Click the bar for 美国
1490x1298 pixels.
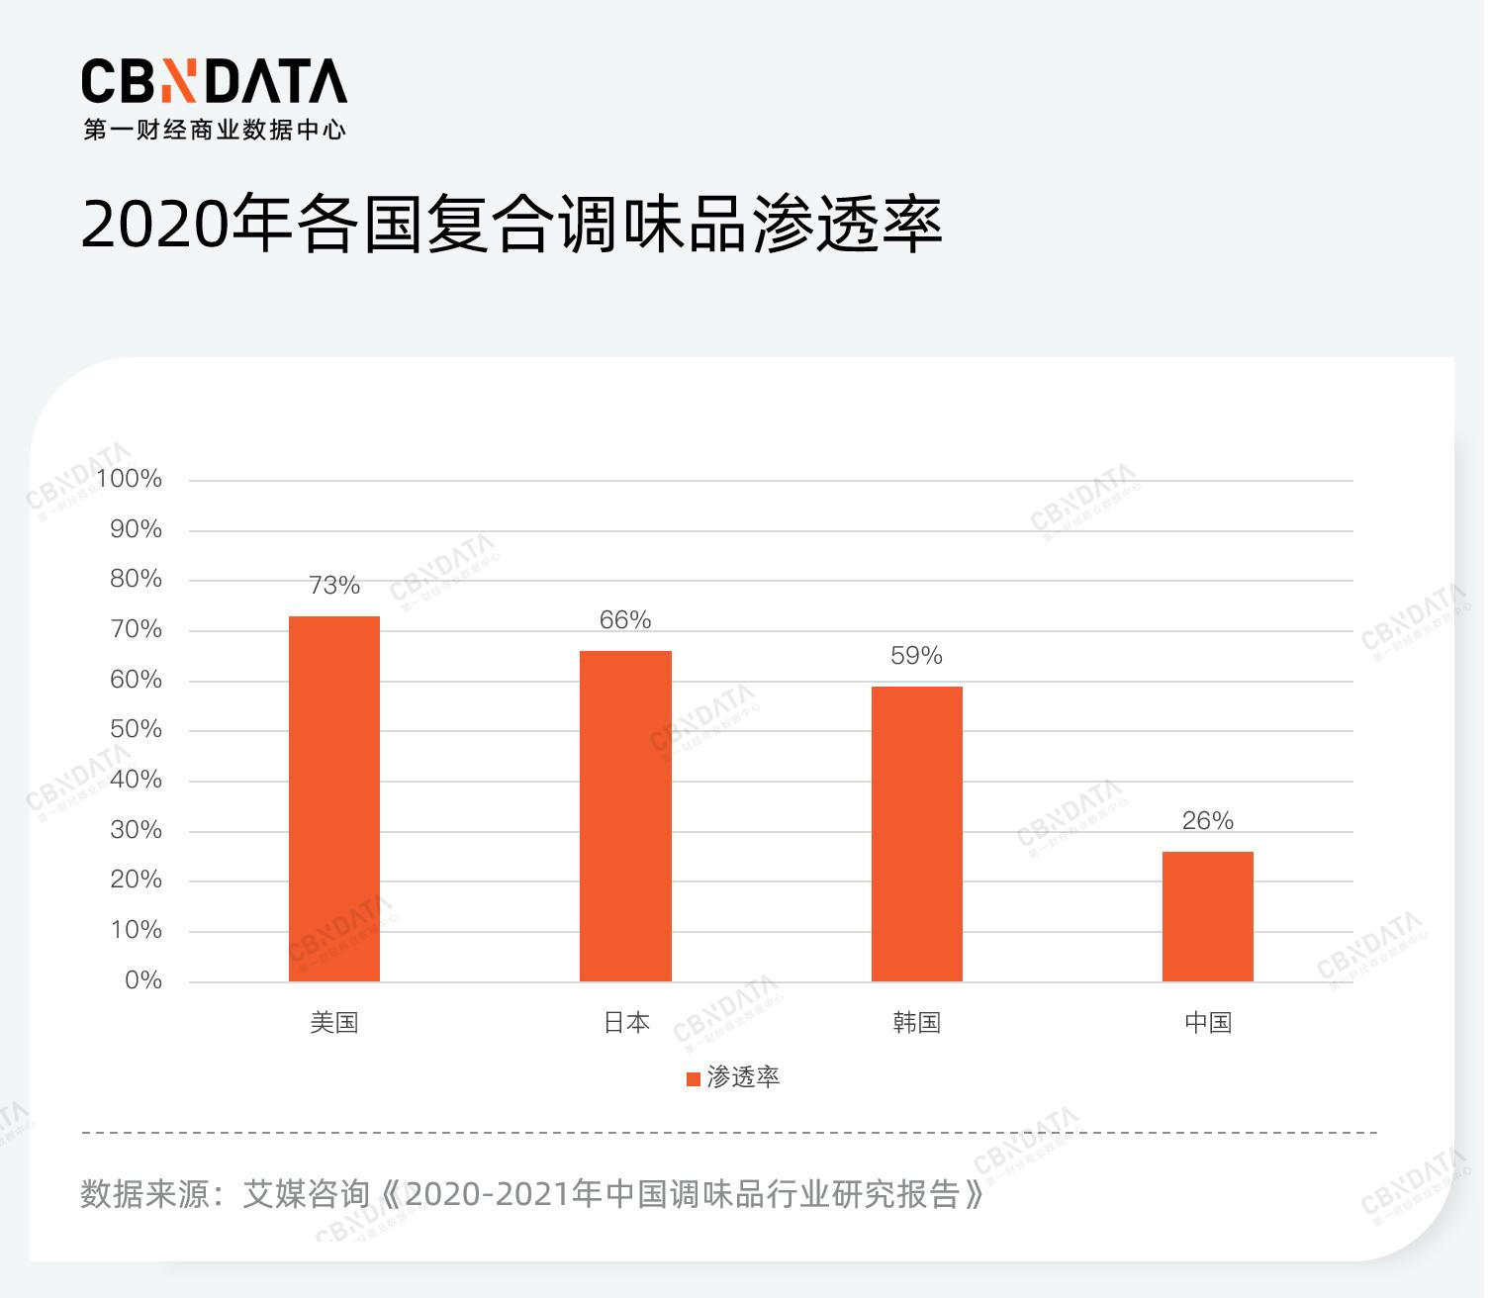pyautogui.click(x=334, y=798)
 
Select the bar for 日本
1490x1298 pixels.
pyautogui.click(x=625, y=816)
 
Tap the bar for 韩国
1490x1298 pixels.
pyautogui.click(x=916, y=834)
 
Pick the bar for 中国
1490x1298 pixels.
pyautogui.click(x=1207, y=916)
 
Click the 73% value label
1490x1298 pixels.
pyautogui.click(x=334, y=586)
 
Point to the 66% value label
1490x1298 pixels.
pyautogui.click(x=625, y=620)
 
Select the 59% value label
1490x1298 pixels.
pyautogui.click(x=916, y=656)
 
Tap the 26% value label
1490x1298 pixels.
pyautogui.click(x=1207, y=821)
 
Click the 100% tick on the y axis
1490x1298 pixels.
pyautogui.click(x=130, y=479)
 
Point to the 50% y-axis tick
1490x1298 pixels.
pyautogui.click(x=136, y=729)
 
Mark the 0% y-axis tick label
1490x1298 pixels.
pyautogui.click(x=143, y=980)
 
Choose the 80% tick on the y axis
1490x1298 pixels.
pyautogui.click(x=136, y=579)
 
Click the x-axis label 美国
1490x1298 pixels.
pyautogui.click(x=334, y=1023)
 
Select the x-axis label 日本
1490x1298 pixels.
pyautogui.click(x=626, y=1023)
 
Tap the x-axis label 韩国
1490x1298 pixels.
pyautogui.click(x=916, y=1023)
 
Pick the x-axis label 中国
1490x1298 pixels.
pyautogui.click(x=1208, y=1023)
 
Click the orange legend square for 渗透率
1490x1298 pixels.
pyautogui.click(x=694, y=1078)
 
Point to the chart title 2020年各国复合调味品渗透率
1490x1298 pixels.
pyautogui.click(x=511, y=226)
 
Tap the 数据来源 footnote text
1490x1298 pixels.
pyautogui.click(x=532, y=1194)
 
